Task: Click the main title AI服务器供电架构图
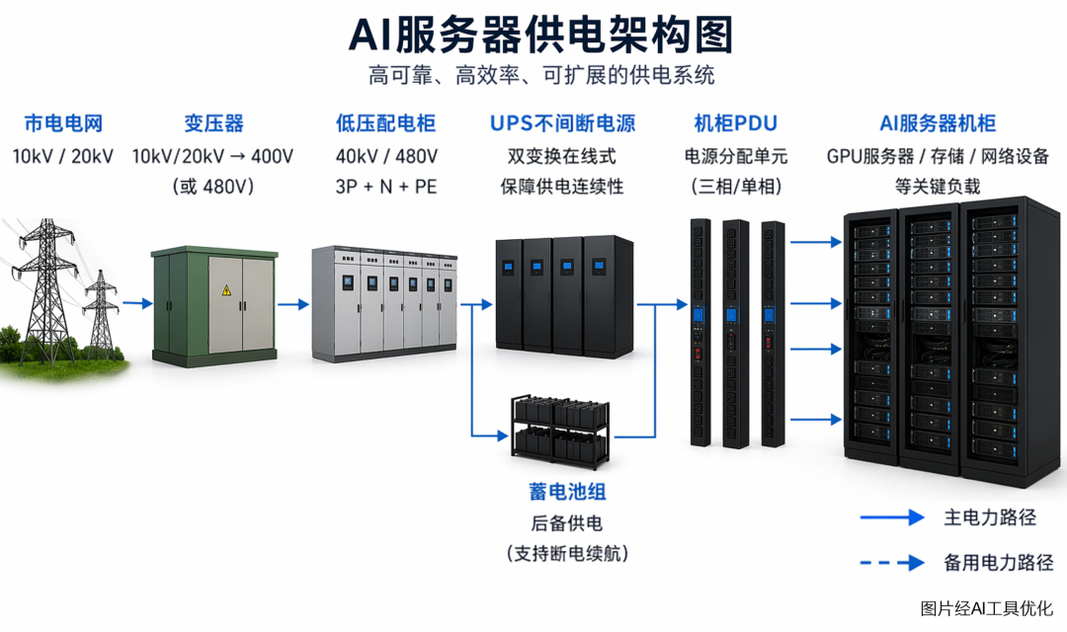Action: click(x=541, y=35)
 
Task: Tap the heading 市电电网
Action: click(x=63, y=123)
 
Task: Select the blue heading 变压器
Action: click(x=213, y=123)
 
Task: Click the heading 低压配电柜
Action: click(x=385, y=123)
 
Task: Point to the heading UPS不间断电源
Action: click(x=562, y=123)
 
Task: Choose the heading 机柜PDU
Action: click(x=735, y=123)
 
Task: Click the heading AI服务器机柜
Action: click(x=937, y=123)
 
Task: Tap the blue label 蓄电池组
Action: click(x=567, y=491)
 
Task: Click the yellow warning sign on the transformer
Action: click(x=226, y=290)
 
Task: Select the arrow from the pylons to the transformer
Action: click(x=137, y=303)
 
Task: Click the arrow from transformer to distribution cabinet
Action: click(x=294, y=304)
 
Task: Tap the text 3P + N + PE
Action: click(x=386, y=187)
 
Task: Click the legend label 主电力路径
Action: click(x=989, y=517)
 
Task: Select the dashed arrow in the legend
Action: click(x=892, y=563)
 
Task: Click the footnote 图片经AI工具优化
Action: click(x=987, y=608)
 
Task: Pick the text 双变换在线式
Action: click(x=561, y=156)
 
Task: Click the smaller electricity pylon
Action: click(x=101, y=313)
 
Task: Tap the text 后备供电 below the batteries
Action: click(x=567, y=523)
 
